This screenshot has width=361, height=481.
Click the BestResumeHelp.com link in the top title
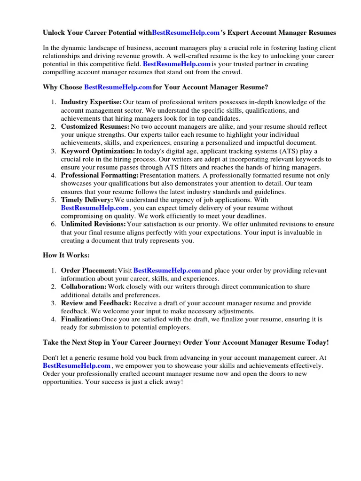coord(186,33)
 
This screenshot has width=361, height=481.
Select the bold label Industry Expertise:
coord(91,102)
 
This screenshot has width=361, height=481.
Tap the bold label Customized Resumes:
coord(95,127)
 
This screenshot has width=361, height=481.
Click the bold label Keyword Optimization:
coord(98,151)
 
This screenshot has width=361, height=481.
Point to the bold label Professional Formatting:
coord(100,175)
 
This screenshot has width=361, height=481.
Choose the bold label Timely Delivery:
coord(87,200)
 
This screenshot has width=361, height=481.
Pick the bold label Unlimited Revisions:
coord(93,224)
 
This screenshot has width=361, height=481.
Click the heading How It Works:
coord(66,255)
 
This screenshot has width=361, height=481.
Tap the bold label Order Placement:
coord(89,271)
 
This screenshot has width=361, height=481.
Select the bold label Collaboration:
coord(84,287)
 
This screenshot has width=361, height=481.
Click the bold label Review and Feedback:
coord(96,303)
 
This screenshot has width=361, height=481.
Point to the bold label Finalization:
coord(80,319)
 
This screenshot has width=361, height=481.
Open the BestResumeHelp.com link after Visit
coord(167,271)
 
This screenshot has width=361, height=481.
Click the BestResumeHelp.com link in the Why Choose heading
coord(118,87)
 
